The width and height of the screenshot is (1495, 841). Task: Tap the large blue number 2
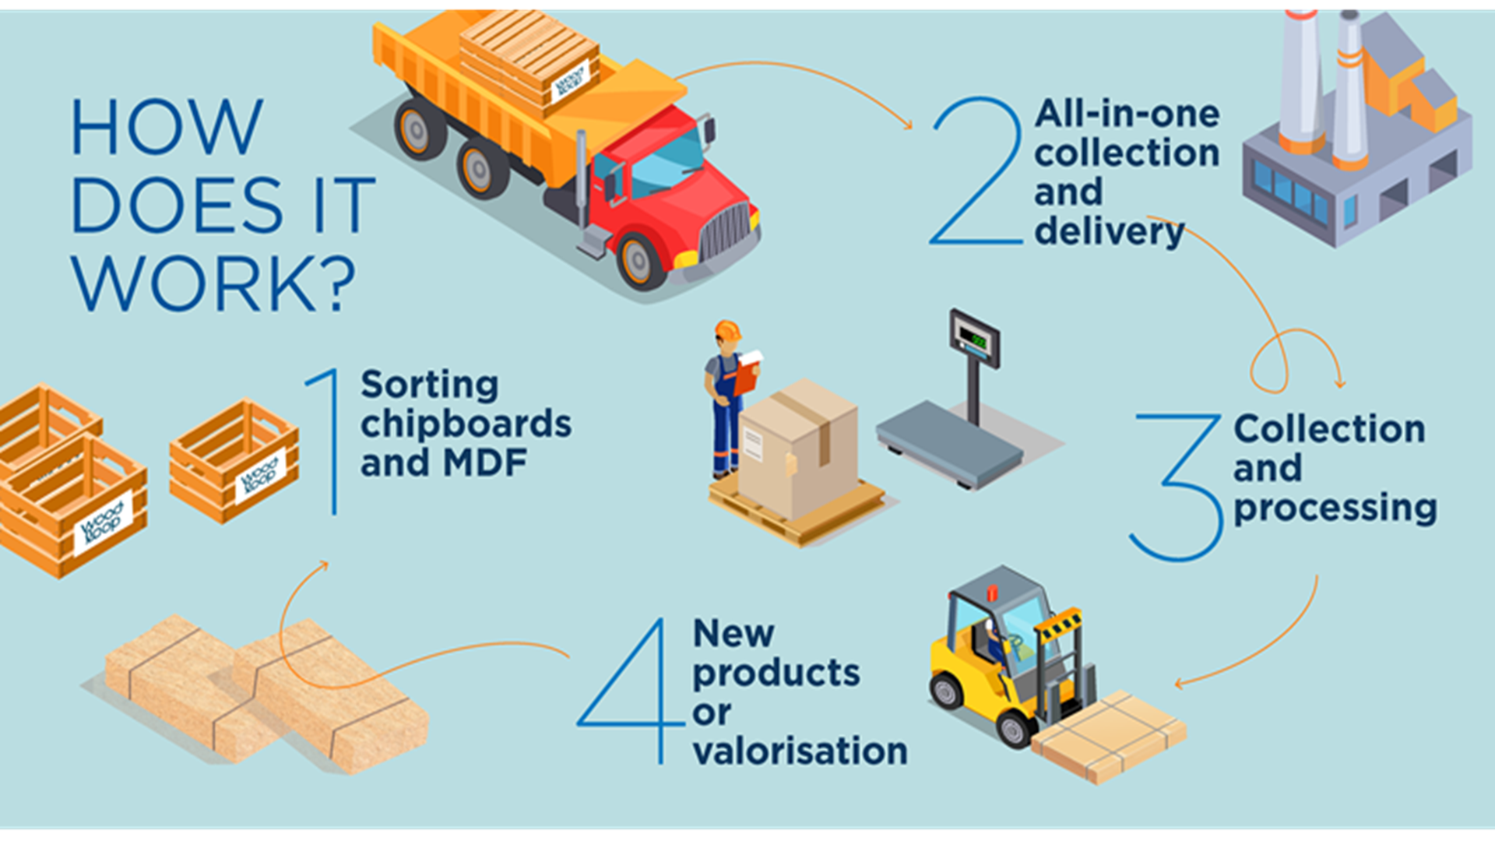click(976, 171)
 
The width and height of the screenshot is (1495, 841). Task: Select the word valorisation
click(800, 751)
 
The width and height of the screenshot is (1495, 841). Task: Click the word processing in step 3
click(1335, 508)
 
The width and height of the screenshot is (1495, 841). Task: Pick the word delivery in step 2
click(1109, 232)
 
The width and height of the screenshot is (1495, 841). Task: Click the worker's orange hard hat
click(727, 330)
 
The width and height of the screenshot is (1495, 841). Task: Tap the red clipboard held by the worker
click(746, 375)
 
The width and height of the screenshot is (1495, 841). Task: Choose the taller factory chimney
click(1301, 78)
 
